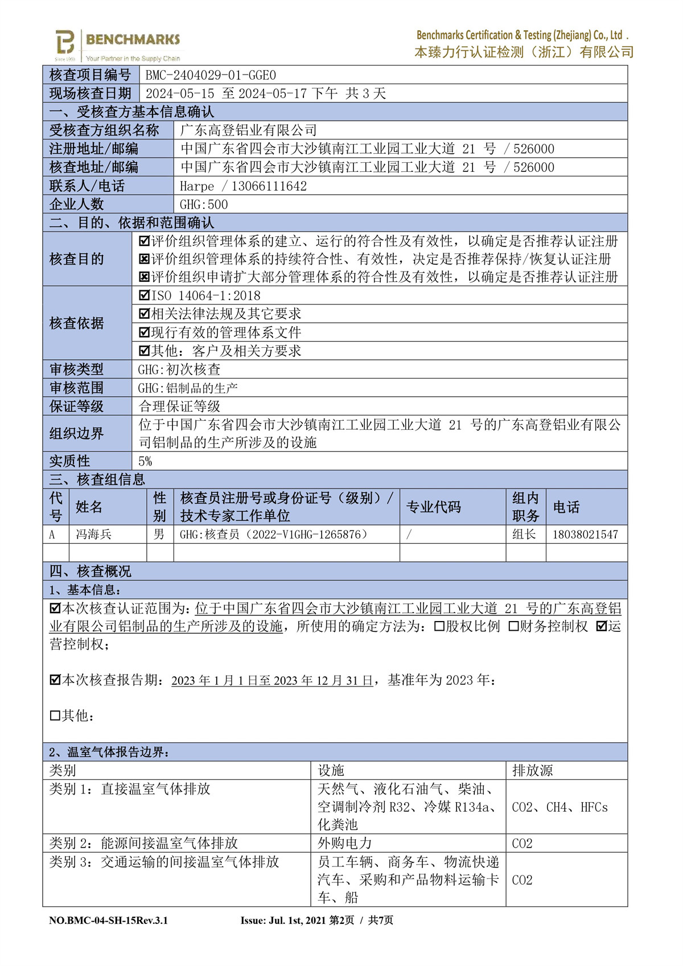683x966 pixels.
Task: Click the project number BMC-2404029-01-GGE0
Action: click(x=211, y=75)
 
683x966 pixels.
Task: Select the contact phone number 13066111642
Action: click(x=269, y=186)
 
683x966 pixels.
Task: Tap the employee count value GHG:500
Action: click(x=204, y=204)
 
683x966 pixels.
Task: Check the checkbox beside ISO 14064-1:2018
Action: click(x=145, y=295)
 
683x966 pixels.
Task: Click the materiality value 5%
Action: click(x=145, y=461)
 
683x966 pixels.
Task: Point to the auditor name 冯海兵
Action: click(x=94, y=535)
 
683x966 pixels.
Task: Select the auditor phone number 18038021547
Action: click(x=585, y=535)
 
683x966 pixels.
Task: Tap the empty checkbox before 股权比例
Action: click(x=439, y=627)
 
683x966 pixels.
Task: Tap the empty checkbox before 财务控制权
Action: click(x=513, y=627)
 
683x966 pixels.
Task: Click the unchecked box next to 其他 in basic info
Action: click(x=55, y=716)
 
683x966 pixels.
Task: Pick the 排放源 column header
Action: click(x=532, y=771)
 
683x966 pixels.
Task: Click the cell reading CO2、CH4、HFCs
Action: click(x=559, y=807)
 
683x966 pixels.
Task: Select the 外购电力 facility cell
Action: click(x=344, y=843)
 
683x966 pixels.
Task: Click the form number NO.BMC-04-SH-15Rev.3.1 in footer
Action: click(x=108, y=920)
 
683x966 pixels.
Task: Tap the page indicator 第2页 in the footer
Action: click(x=341, y=920)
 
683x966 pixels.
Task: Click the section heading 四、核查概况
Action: click(x=90, y=572)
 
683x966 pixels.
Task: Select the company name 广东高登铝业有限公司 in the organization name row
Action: click(x=248, y=130)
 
